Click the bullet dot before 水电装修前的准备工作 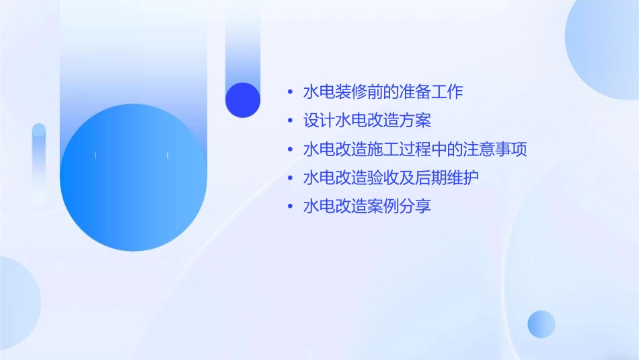(x=290, y=92)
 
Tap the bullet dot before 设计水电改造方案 (x=290, y=121)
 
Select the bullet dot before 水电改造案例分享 (x=290, y=207)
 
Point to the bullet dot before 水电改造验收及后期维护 (x=290, y=178)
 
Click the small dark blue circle (x=243, y=100)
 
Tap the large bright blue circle (x=133, y=178)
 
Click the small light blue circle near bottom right (x=541, y=324)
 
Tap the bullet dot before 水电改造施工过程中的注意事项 (x=290, y=149)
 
